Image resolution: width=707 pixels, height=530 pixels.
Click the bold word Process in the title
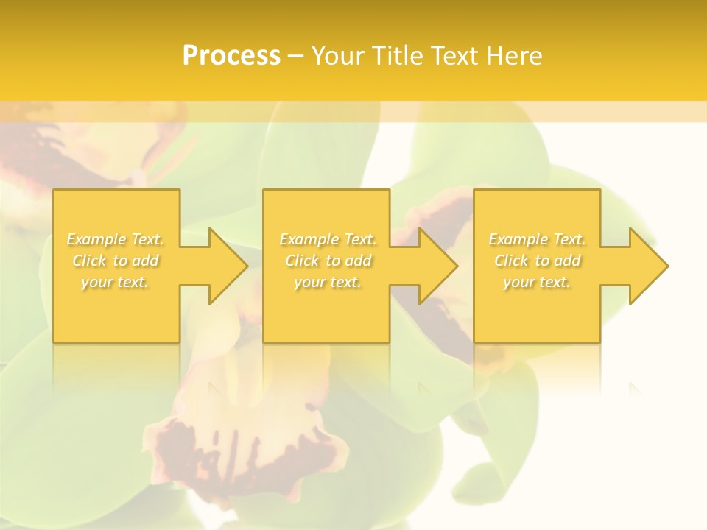pos(231,56)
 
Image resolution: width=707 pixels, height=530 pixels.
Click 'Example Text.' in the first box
pos(116,239)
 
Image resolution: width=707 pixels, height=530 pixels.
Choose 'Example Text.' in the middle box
pos(328,239)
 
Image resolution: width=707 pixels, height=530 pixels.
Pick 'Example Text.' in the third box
pos(537,239)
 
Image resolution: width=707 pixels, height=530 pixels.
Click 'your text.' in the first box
pos(116,282)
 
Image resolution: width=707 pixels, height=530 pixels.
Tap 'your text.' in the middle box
pos(328,282)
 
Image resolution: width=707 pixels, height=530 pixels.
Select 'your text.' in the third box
pos(537,282)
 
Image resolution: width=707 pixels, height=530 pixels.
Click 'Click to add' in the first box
pos(116,261)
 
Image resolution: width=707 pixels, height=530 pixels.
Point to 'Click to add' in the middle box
pos(328,261)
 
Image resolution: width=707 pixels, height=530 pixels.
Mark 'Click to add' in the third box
pos(537,261)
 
